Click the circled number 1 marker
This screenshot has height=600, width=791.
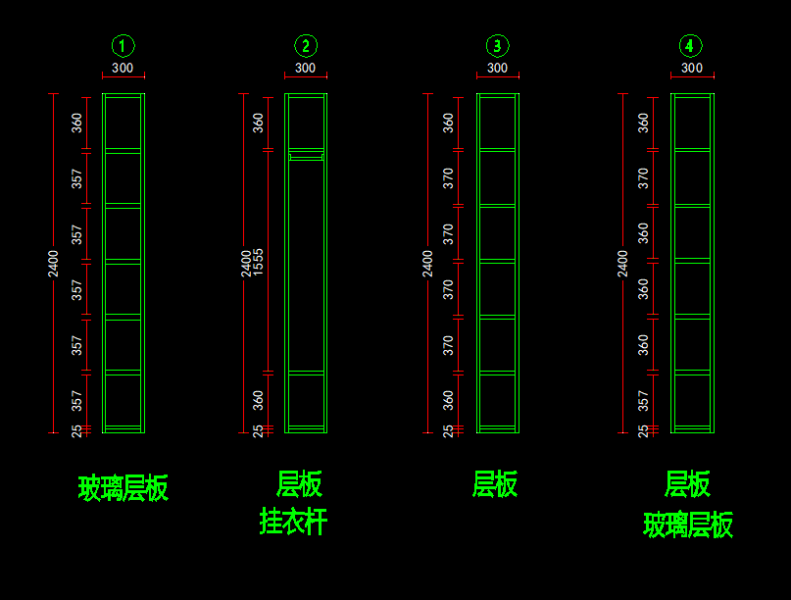(123, 46)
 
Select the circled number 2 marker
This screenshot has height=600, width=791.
(306, 46)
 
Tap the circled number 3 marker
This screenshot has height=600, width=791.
(497, 46)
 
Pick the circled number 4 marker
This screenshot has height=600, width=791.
(691, 46)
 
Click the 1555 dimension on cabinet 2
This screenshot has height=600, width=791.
(258, 262)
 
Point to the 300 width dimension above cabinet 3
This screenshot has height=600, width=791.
(497, 68)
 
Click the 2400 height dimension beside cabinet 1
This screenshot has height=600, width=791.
(53, 264)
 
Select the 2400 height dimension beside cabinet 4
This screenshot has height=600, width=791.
(622, 264)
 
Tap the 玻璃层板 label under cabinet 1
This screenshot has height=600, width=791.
(124, 488)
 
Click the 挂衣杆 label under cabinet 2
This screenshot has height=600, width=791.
(294, 522)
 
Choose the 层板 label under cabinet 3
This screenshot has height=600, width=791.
(495, 484)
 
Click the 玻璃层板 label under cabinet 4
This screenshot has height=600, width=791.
(688, 525)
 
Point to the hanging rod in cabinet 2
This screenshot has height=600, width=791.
(306, 158)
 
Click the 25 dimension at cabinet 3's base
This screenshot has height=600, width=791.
(448, 431)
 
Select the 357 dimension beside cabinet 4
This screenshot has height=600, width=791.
(643, 401)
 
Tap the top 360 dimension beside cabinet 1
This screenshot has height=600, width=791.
(76, 123)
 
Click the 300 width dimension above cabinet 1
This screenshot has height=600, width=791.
(123, 68)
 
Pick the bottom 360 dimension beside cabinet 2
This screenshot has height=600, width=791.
(258, 400)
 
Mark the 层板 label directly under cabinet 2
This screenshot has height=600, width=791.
(299, 484)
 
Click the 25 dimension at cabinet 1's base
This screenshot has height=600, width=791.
(76, 431)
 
